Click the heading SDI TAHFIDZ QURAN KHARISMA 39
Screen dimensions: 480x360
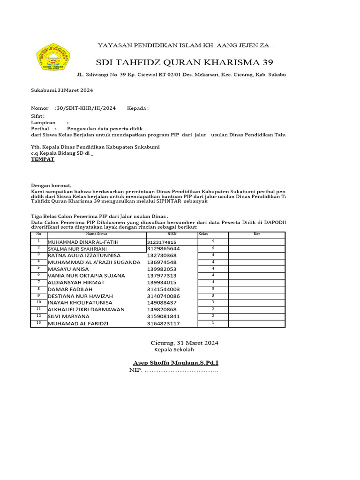(184, 62)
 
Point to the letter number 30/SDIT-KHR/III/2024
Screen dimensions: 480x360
(85, 108)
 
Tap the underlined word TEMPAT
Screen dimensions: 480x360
(43, 159)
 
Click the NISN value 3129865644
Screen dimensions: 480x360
(163, 248)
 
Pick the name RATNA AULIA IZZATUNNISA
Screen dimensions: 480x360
(82, 255)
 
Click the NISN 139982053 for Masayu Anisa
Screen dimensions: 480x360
(162, 269)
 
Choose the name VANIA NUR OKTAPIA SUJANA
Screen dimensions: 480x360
(89, 276)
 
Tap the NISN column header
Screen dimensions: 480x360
(172, 234)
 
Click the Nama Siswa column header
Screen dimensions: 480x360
(97, 234)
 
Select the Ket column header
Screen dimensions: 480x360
(256, 234)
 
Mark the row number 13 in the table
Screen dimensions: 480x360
(39, 323)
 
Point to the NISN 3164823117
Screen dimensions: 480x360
(163, 323)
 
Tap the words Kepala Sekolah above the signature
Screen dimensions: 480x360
(173, 350)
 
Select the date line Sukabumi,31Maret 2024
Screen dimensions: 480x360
(62, 90)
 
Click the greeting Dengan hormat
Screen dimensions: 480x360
(51, 186)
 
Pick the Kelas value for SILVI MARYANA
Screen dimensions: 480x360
(213, 316)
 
